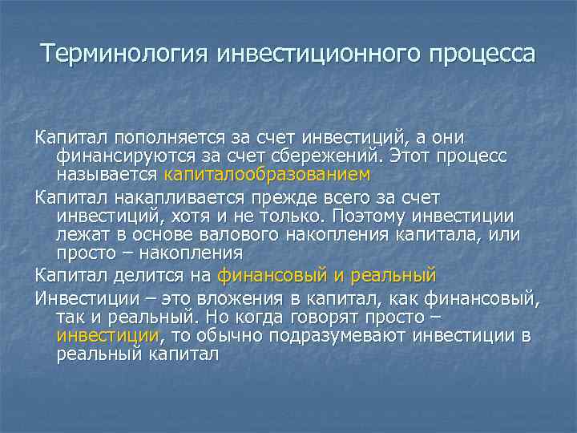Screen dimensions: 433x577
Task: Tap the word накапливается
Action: click(180, 198)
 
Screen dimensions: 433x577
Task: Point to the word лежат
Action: click(79, 234)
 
